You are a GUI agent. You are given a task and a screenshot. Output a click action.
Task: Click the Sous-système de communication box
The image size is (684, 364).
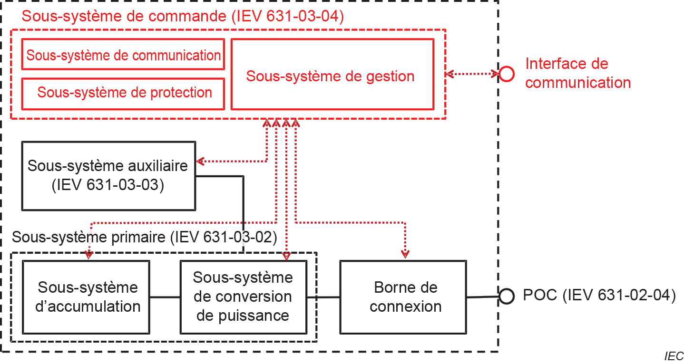coord(123,55)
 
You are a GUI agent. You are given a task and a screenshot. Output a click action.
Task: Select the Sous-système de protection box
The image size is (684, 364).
coord(123,92)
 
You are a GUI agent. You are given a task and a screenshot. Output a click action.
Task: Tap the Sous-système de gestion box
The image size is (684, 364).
coord(332,75)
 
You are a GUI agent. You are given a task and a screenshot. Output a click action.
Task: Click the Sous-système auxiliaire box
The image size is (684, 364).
coord(108,175)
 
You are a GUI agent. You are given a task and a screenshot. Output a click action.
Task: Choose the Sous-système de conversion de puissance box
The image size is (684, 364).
coord(243,297)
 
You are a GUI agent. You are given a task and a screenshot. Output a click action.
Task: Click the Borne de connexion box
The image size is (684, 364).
coord(403,297)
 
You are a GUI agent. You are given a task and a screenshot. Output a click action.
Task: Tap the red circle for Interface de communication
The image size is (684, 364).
coord(506,74)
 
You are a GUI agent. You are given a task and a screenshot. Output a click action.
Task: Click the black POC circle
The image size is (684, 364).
coord(506,297)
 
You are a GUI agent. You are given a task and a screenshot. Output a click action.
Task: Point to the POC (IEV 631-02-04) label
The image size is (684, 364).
coord(599,296)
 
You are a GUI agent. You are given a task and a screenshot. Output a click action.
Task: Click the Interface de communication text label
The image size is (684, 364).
coord(577,73)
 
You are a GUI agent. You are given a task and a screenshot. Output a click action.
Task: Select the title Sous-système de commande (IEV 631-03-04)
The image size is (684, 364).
coord(183,16)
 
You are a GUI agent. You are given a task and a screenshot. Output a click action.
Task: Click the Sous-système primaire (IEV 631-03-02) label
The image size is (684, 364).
coord(144,237)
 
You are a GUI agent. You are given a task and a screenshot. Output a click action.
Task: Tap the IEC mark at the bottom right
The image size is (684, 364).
coord(674,356)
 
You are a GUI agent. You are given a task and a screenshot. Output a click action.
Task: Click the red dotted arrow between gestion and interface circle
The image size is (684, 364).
coord(472,74)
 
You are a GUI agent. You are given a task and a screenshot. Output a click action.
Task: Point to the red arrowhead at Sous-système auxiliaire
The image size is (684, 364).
coord(200,161)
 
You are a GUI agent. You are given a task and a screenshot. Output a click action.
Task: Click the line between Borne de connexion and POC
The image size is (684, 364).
coord(482,297)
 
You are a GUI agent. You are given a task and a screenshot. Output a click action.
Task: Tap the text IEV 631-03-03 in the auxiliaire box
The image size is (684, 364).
coord(108,185)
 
